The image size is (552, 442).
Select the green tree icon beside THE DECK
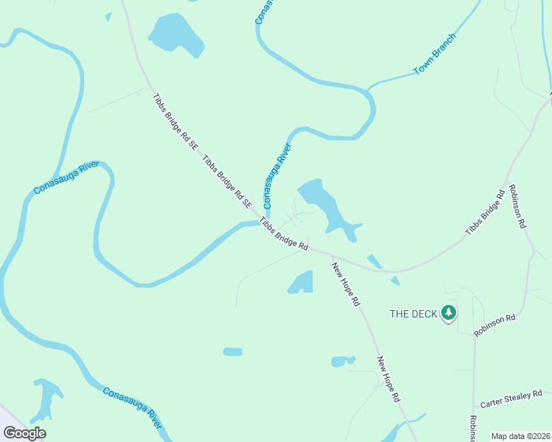coord(448,314)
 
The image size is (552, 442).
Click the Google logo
coord(24,433)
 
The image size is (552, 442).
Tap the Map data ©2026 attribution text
coord(520,436)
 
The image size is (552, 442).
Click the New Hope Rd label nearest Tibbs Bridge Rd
coord(345,284)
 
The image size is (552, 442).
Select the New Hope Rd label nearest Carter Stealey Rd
coord(388,379)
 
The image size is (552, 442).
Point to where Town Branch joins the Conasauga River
coord(367,90)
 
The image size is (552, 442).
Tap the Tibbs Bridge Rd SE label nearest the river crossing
coord(227,183)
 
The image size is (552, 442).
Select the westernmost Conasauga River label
coord(66,179)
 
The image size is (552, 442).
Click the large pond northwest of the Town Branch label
coord(176,33)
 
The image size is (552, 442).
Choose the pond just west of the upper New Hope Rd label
coord(301,282)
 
